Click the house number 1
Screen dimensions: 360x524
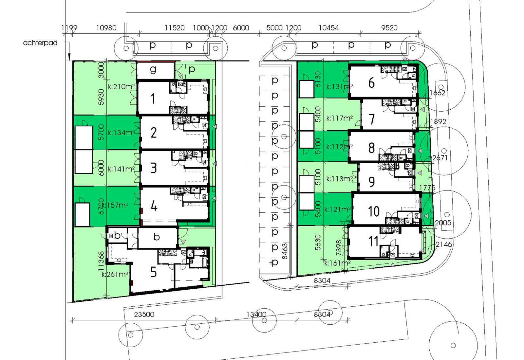(153, 99)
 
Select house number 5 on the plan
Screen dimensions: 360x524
(153, 272)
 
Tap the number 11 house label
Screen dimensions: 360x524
(373, 242)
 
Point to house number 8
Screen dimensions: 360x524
(371, 148)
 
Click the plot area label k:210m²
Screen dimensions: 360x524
(122, 87)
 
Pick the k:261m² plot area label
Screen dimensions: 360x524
(115, 275)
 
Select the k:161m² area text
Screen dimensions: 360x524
(337, 263)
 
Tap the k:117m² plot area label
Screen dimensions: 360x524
(340, 118)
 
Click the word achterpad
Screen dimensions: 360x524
(40, 43)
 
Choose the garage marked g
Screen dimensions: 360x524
(153, 69)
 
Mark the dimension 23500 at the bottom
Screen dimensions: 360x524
(144, 315)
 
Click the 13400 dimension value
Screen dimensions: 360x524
(256, 315)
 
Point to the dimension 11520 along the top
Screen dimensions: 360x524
(175, 28)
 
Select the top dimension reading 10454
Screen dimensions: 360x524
(328, 28)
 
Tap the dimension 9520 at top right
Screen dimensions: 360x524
(389, 28)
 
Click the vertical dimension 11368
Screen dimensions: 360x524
(102, 261)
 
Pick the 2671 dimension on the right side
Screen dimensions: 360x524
(440, 158)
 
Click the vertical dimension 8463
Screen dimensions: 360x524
(285, 251)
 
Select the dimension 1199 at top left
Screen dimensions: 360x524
(69, 28)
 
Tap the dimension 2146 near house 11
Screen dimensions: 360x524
(444, 244)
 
